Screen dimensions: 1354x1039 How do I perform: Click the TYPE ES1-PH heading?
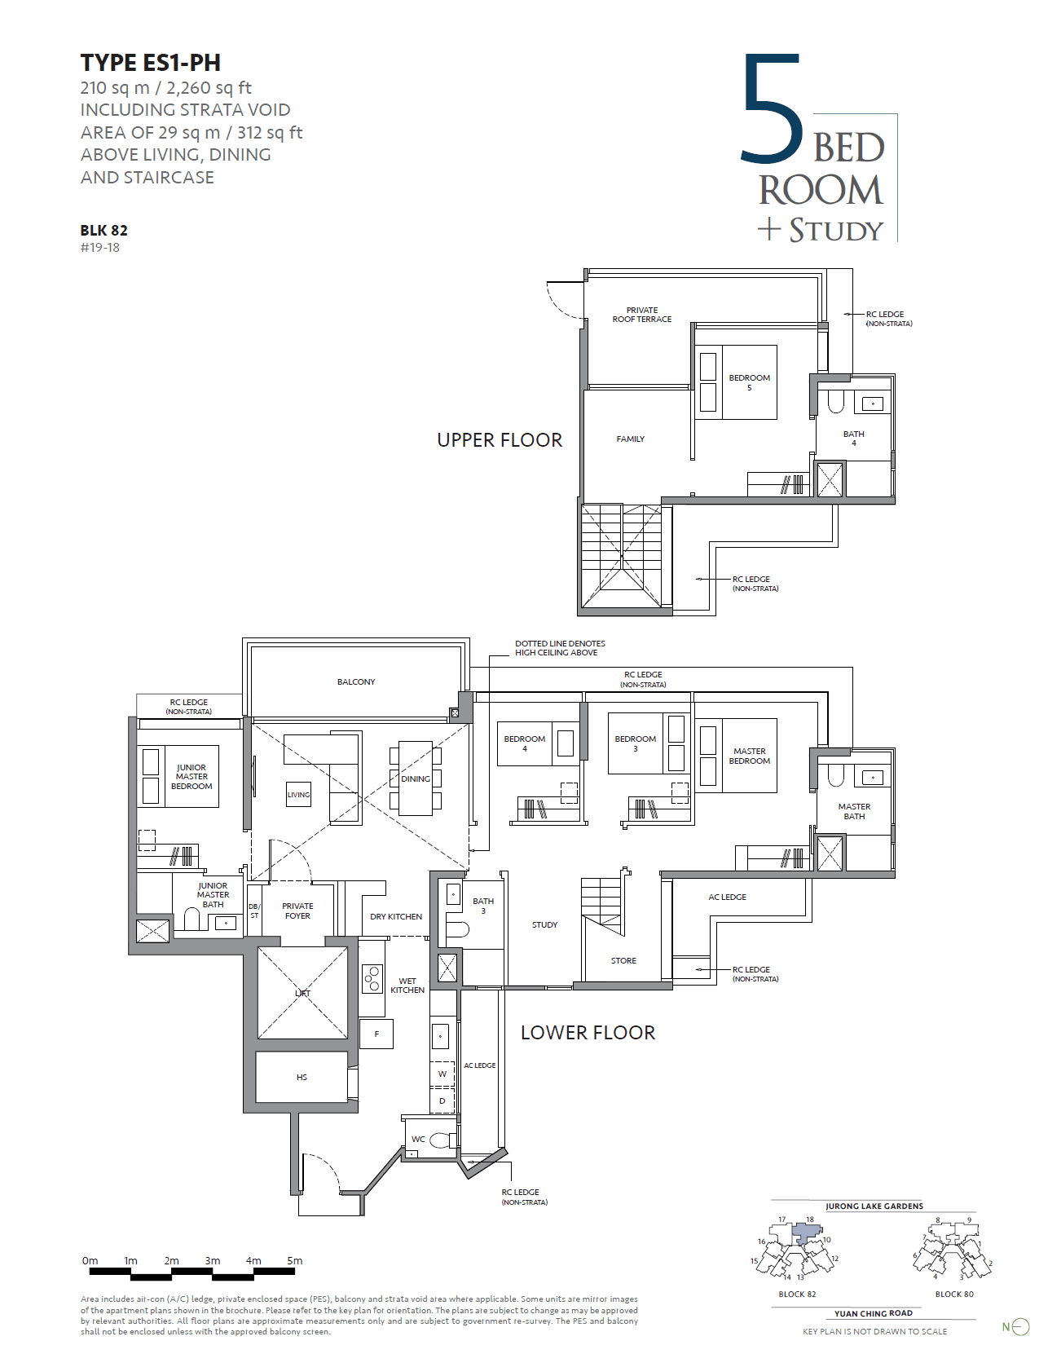pos(150,63)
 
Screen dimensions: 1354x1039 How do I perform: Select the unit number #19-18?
pos(99,248)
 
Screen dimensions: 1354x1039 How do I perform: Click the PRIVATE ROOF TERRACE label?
pos(642,315)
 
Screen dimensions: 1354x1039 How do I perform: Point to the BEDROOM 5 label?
pos(749,382)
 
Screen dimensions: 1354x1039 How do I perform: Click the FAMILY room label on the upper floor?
pos(630,439)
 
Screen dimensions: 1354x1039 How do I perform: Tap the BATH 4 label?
pos(853,439)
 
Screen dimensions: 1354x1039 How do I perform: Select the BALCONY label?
pos(356,681)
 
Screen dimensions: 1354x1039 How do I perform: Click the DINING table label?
pos(416,778)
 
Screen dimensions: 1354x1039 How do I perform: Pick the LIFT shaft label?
pos(302,993)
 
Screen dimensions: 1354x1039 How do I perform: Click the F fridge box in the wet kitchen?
pos(376,1034)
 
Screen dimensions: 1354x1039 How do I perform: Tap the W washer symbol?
pos(442,1074)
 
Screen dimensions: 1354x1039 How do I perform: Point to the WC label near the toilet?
pos(418,1139)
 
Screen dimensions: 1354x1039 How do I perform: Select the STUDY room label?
pos(544,925)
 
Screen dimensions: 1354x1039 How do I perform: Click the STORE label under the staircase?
pos(623,961)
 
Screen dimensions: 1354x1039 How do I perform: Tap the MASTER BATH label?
pos(854,811)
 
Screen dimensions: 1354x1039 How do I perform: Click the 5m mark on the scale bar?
pos(294,1261)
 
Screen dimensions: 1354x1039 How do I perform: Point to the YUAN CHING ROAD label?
pos(873,1313)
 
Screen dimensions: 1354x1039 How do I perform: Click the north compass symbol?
pos(1019,1327)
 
